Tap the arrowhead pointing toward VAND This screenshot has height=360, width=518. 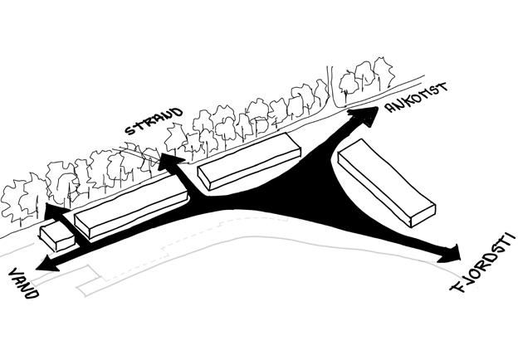click(44, 265)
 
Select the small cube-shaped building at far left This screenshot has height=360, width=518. click(56, 236)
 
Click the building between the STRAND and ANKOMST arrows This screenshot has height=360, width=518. click(247, 161)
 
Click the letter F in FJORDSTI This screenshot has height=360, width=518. click(457, 289)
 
